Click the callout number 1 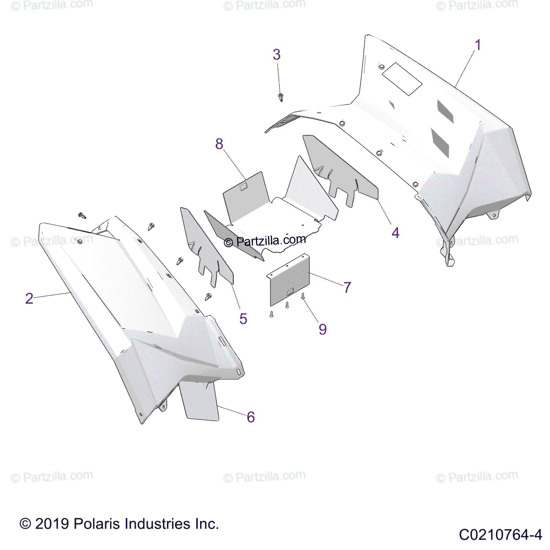pyautogui.click(x=478, y=45)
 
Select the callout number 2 pyautogui.click(x=29, y=298)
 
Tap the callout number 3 pyautogui.click(x=276, y=55)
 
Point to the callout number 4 pyautogui.click(x=395, y=233)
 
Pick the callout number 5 pyautogui.click(x=243, y=319)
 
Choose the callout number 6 pyautogui.click(x=251, y=417)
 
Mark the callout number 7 pyautogui.click(x=347, y=287)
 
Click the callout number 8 pyautogui.click(x=219, y=144)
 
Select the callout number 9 pyautogui.click(x=323, y=330)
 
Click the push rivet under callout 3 pyautogui.click(x=281, y=97)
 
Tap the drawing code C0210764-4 pyautogui.click(x=500, y=534)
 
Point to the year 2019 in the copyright pyautogui.click(x=52, y=524)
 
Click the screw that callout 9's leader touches pyautogui.click(x=303, y=297)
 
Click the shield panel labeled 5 pyautogui.click(x=206, y=247)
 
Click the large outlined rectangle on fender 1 pyautogui.click(x=402, y=79)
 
